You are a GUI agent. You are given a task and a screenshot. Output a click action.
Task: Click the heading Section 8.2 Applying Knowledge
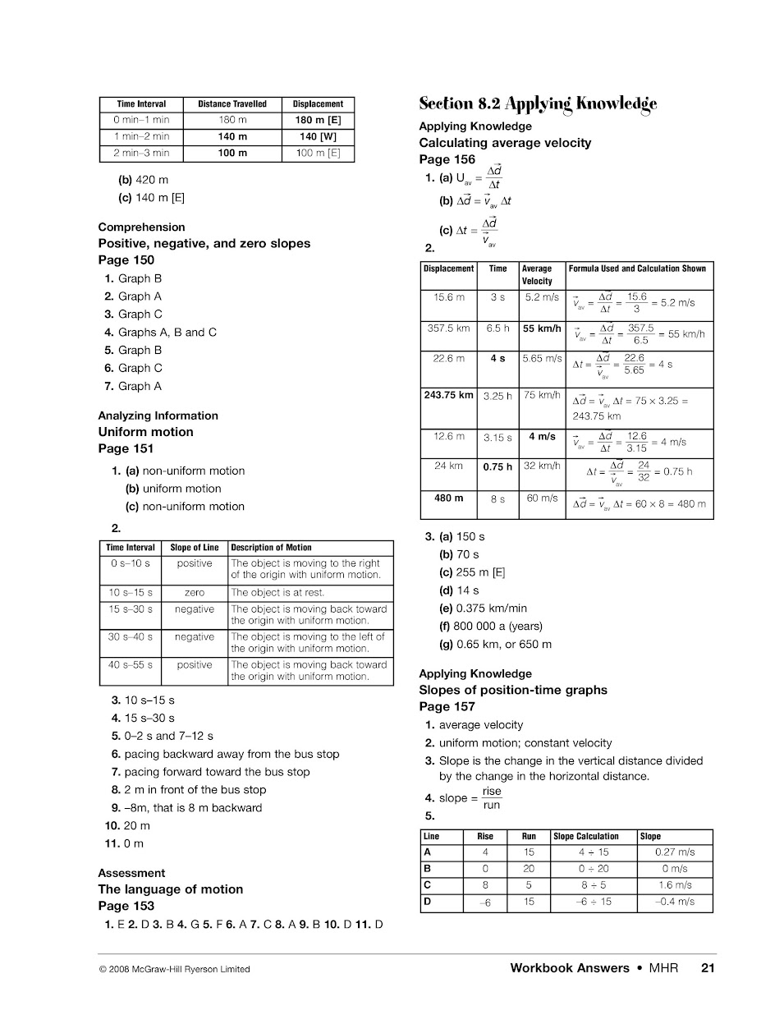click(x=538, y=103)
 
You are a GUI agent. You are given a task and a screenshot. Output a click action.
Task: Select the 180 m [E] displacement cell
click(x=318, y=120)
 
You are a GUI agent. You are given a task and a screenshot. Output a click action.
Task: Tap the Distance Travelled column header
click(x=232, y=104)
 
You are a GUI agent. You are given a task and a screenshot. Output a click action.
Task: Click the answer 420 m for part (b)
click(x=151, y=180)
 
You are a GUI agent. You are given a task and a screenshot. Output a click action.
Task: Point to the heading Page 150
click(x=126, y=260)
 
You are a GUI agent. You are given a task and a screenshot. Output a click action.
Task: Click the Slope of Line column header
click(x=195, y=548)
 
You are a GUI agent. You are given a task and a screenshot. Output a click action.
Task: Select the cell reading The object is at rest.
click(x=277, y=592)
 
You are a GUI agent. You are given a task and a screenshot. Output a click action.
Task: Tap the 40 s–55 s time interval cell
click(x=131, y=665)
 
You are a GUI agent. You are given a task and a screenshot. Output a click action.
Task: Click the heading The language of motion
click(x=170, y=889)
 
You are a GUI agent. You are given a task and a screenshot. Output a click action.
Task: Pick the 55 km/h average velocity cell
click(x=542, y=328)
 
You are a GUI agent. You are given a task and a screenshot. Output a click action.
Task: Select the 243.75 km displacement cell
click(x=448, y=395)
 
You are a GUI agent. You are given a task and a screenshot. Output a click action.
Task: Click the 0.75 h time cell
click(x=497, y=466)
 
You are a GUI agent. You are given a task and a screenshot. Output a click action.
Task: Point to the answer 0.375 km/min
click(x=491, y=609)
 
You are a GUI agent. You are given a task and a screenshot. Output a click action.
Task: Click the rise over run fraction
click(x=491, y=798)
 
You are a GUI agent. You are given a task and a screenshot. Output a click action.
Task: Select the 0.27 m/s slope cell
click(x=675, y=852)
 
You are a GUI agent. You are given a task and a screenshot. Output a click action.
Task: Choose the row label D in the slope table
click(x=427, y=902)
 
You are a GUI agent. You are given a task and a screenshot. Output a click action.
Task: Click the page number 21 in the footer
click(x=708, y=968)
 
